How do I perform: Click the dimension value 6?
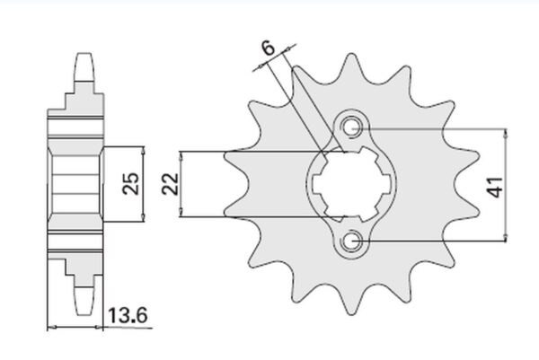click(269, 48)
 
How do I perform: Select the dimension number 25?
click(131, 183)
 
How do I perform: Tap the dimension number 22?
click(171, 184)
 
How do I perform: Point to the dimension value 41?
click(495, 188)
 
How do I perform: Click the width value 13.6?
click(128, 315)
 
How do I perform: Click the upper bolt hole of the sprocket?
click(351, 127)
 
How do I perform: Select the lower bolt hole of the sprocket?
click(351, 242)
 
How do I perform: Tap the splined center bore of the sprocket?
click(351, 184)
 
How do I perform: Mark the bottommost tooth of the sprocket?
click(351, 301)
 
